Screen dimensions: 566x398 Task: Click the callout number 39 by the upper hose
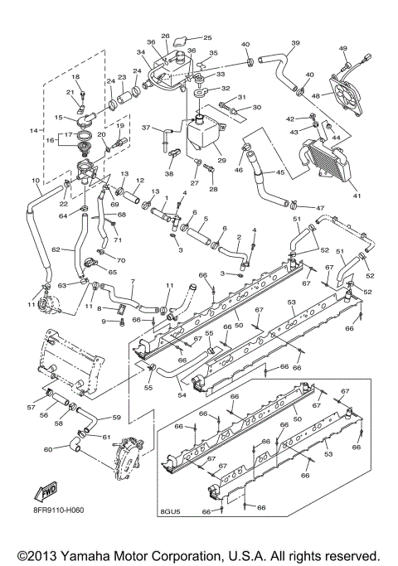pos(294,43)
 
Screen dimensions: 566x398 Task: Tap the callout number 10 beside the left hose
pos(36,180)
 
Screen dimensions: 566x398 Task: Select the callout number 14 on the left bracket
pos(34,131)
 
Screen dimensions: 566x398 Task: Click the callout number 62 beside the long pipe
pos(56,248)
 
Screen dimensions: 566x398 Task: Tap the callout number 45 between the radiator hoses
pos(280,173)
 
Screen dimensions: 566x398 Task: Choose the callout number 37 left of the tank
pos(145,128)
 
